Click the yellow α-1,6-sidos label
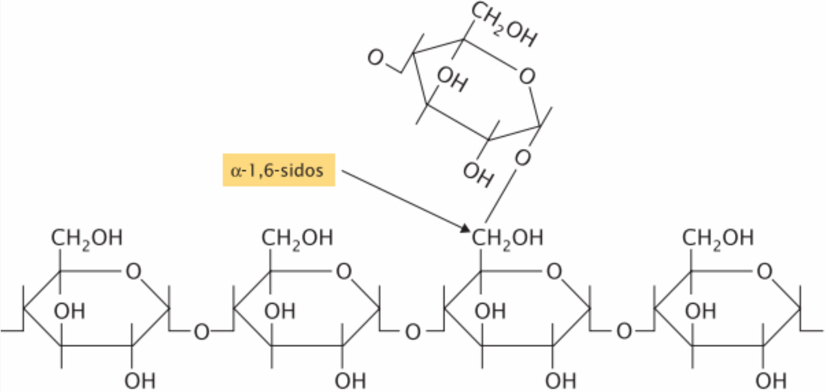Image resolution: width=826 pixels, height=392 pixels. coord(279,170)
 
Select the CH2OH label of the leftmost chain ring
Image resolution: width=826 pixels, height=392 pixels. coord(87,238)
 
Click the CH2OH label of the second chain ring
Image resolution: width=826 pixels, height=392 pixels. coord(297,238)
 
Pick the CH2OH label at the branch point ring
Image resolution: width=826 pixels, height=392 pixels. coord(508,238)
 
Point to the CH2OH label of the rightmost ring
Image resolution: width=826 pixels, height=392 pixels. coord(718,238)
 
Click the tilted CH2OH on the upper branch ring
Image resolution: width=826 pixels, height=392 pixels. coord(504,24)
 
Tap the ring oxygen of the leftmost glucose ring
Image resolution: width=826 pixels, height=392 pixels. coord(134,271)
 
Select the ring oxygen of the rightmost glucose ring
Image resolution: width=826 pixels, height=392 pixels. coord(765,271)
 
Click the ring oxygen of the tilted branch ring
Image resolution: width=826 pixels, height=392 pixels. coord(527,76)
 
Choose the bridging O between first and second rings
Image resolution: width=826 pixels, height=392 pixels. coord(202,331)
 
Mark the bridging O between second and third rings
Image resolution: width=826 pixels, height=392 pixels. coord(412,331)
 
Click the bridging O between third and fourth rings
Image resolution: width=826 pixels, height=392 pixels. coord(623,331)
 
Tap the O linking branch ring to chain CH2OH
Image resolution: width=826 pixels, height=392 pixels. coord(522,157)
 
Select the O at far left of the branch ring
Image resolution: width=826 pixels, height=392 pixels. coord(376,57)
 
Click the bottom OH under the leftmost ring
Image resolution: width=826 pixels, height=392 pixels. coord(140,380)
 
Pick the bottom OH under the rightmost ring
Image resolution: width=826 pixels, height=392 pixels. coord(771,380)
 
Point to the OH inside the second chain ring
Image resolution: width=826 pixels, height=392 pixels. coord(280,311)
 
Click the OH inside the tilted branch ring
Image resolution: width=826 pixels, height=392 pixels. coord(452,79)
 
